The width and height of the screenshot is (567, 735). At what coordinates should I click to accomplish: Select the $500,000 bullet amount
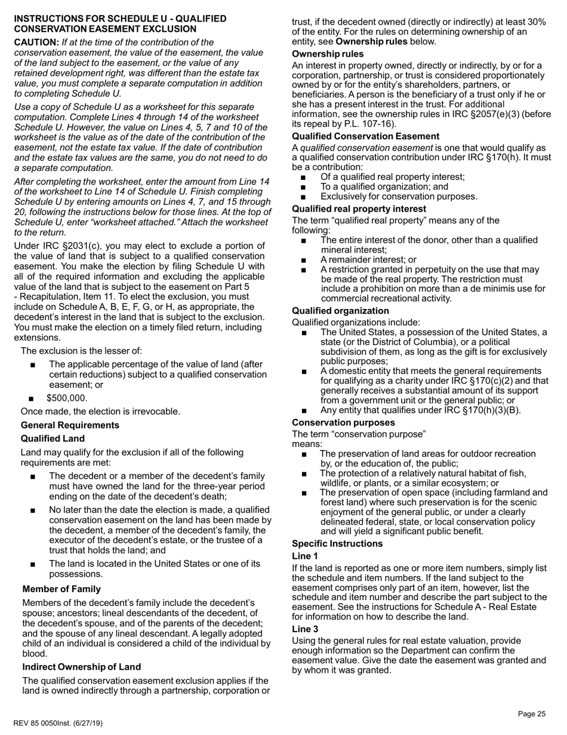click(x=67, y=399)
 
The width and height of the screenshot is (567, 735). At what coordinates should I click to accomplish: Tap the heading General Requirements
click(x=70, y=425)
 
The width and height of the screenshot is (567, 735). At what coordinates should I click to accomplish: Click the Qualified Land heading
click(x=53, y=438)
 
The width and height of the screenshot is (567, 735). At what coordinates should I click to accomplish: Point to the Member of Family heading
click(x=61, y=589)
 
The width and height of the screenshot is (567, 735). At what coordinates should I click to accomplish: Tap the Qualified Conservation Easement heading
click(x=365, y=136)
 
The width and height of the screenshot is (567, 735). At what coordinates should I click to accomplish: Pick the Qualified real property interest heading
click(x=359, y=209)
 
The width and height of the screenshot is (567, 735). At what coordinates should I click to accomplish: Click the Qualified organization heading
click(x=340, y=311)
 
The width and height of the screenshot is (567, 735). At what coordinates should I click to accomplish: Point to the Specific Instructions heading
click(x=338, y=544)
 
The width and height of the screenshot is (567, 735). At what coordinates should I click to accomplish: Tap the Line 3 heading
click(x=305, y=629)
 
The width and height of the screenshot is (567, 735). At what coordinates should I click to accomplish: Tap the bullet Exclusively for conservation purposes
click(x=399, y=196)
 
